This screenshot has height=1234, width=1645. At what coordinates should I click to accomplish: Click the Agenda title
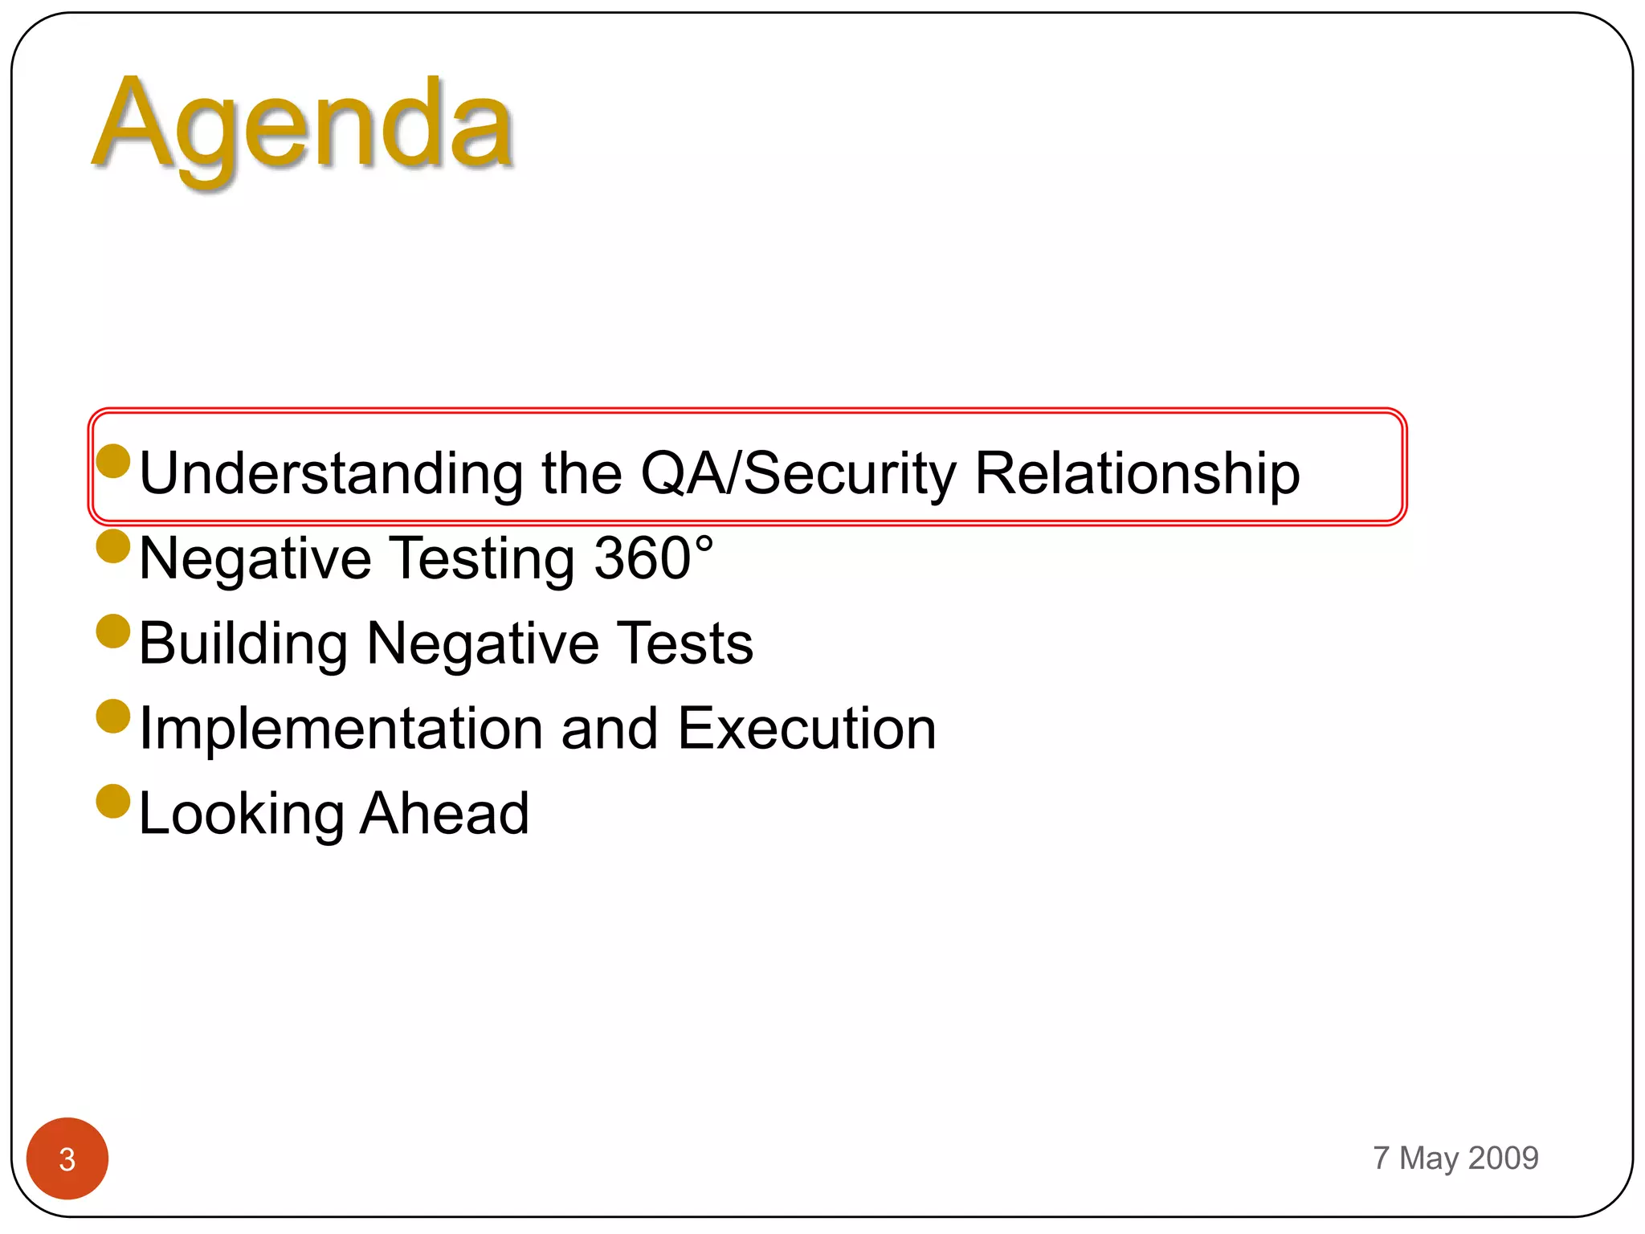click(304, 129)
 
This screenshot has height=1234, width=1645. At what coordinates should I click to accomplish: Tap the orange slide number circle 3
click(67, 1158)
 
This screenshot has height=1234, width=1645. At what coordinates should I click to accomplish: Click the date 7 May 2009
click(1455, 1158)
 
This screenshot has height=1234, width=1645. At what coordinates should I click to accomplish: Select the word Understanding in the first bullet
click(331, 473)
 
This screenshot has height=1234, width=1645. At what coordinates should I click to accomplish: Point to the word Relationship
click(1137, 473)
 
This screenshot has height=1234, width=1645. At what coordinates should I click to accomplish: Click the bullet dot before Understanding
click(113, 461)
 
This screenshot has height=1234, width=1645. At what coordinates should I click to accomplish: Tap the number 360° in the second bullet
click(653, 558)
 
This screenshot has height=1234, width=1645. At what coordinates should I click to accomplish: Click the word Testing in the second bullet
click(483, 559)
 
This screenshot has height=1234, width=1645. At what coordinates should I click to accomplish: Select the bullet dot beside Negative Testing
click(113, 546)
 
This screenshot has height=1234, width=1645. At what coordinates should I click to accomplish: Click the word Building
click(243, 644)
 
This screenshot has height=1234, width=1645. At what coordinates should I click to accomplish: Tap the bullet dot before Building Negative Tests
click(113, 631)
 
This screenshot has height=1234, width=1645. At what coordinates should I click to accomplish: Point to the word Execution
click(806, 729)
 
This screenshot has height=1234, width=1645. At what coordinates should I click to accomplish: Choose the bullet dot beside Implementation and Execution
click(113, 717)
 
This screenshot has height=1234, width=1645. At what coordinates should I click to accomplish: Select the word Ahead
click(444, 813)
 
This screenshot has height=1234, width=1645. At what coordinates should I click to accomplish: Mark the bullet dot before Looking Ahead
click(113, 802)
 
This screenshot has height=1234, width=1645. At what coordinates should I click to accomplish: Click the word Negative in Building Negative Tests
click(483, 644)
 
